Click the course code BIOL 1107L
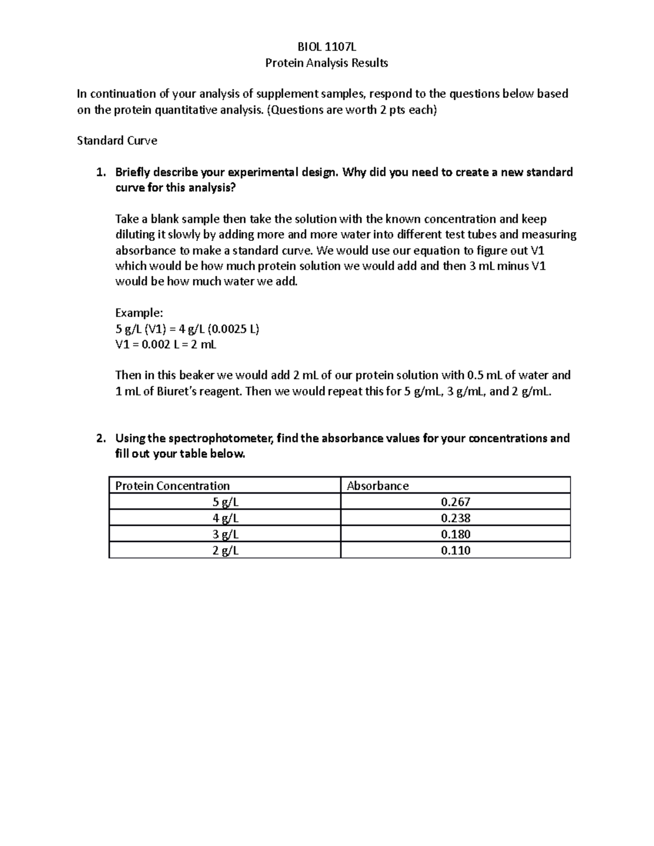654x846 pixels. (x=326, y=47)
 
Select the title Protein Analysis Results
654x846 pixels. (x=326, y=63)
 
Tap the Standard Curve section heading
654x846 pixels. (x=117, y=141)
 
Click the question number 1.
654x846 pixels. (x=99, y=173)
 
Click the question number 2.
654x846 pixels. (x=99, y=439)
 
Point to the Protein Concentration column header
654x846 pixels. (x=172, y=485)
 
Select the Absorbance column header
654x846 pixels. (x=378, y=485)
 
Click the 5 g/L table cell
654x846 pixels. (x=225, y=502)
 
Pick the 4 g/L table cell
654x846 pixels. (x=225, y=518)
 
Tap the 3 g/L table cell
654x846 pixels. (x=225, y=534)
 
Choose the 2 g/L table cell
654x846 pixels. (x=225, y=550)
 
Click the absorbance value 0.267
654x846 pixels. (x=456, y=502)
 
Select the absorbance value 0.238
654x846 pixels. (x=456, y=518)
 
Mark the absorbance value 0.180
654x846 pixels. (x=456, y=534)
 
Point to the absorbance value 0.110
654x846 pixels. (x=456, y=550)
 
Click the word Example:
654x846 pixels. (x=139, y=313)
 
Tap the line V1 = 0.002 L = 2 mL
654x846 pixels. (x=166, y=344)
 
